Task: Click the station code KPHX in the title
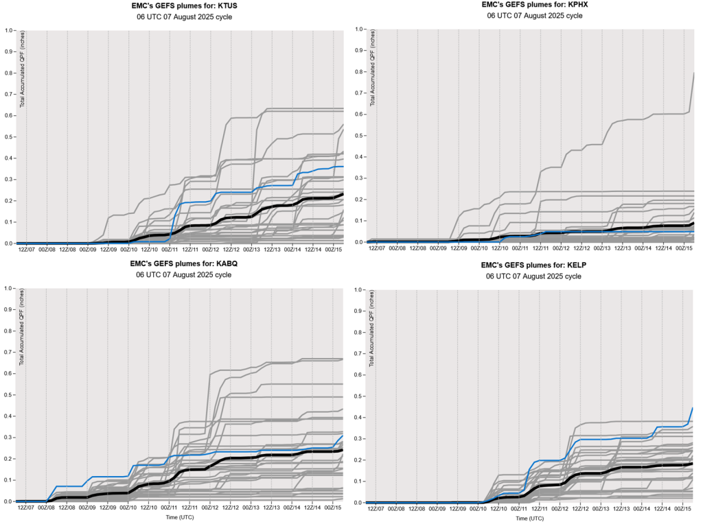click(574, 4)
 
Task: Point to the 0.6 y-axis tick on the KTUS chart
click(10, 115)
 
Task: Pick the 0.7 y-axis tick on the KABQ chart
click(10, 352)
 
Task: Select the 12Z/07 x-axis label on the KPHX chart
click(376, 248)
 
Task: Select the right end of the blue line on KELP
click(692, 408)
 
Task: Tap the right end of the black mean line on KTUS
click(343, 194)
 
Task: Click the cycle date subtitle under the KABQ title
click(183, 274)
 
